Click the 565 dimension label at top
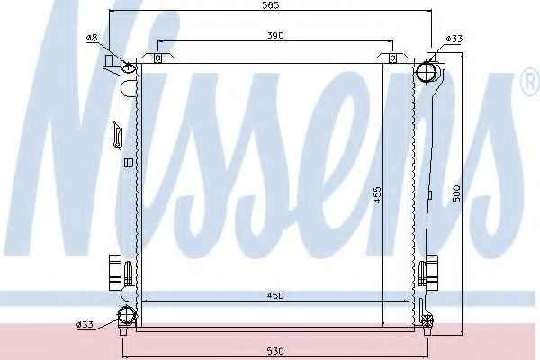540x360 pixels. point(271,5)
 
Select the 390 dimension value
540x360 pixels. point(275,35)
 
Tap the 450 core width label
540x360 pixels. point(275,295)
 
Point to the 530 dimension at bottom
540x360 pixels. point(275,351)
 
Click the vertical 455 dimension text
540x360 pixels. point(377,195)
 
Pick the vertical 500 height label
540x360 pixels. point(456,193)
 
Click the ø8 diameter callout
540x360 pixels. point(92,38)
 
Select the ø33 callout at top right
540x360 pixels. point(454,39)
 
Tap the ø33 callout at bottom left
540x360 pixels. point(85,325)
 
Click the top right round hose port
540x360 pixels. point(427,72)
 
